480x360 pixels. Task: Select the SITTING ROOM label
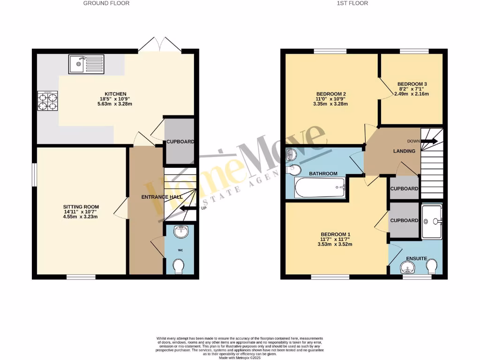coord(81,207)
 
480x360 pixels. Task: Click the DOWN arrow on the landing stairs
coord(429,141)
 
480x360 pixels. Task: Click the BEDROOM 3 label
coord(406,84)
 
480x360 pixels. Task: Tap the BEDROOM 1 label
coord(335,234)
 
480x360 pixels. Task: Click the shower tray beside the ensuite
coord(432,221)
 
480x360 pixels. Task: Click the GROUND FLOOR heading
coord(106,3)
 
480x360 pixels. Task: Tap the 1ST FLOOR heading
coord(352,3)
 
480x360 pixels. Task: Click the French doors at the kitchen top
coord(160,45)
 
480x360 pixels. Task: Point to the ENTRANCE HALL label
coord(162,197)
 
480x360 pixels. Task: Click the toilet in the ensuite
coord(432,267)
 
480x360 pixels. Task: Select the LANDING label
coord(404,151)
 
